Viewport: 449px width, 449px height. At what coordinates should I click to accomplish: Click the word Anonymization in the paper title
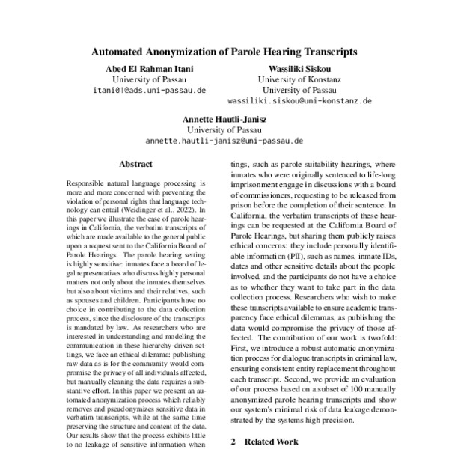click(189, 53)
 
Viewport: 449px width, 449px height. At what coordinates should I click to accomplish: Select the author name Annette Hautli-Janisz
click(224, 118)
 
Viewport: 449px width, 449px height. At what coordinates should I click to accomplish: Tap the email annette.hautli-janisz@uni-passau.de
click(224, 139)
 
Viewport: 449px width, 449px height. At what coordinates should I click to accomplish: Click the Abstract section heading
click(135, 163)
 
